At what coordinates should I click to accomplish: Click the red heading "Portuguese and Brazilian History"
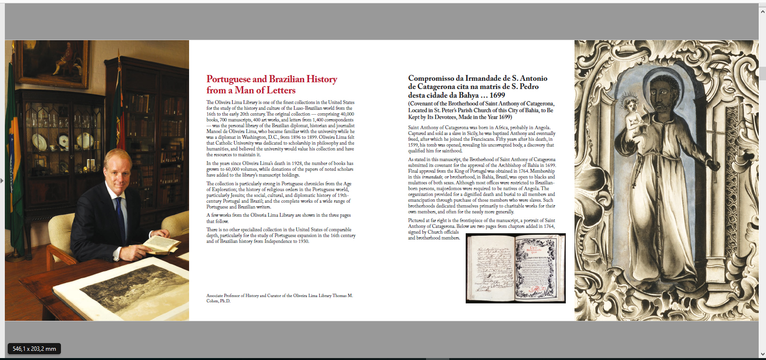tap(272, 79)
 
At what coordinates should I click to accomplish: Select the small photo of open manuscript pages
tap(516, 269)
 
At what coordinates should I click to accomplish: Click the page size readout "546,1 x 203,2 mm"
tap(34, 348)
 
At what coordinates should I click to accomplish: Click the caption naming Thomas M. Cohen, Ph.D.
tap(280, 298)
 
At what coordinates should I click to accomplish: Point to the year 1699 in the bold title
tap(497, 95)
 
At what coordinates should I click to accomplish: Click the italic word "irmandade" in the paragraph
tap(432, 177)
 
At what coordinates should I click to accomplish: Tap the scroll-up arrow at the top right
tap(762, 11)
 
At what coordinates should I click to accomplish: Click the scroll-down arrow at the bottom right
tap(762, 354)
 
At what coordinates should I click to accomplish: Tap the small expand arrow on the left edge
tap(2, 180)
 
